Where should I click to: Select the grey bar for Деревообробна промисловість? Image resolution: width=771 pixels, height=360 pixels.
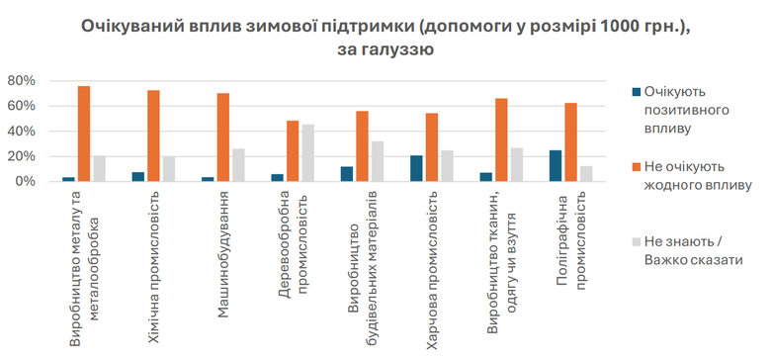(307, 153)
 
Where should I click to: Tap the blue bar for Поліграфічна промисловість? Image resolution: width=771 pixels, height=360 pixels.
(556, 166)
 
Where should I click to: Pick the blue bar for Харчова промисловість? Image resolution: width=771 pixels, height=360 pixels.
(417, 169)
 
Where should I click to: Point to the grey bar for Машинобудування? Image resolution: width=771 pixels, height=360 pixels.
(238, 165)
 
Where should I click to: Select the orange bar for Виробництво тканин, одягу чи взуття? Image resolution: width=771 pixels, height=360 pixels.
(501, 139)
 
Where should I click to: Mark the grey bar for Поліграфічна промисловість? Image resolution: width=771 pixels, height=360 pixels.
(585, 174)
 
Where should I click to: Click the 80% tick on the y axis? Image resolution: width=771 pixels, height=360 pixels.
(21, 80)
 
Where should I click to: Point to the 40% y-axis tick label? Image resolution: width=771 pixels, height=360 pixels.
(21, 131)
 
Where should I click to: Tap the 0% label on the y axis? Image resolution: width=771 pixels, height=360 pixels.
(25, 182)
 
